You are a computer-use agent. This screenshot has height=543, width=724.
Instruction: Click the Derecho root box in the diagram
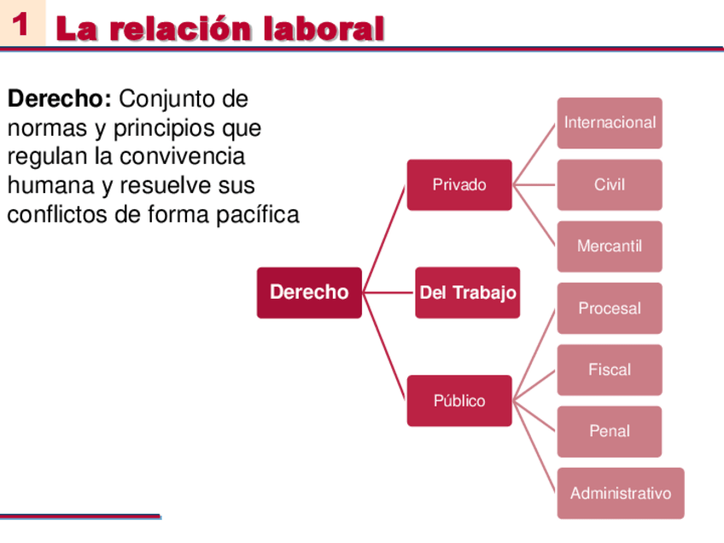[x=309, y=292]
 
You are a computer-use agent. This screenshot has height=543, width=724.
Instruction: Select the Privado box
[x=459, y=184]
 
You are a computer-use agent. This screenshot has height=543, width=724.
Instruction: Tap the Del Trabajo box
[x=468, y=293]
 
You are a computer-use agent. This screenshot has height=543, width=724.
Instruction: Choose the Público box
[x=459, y=400]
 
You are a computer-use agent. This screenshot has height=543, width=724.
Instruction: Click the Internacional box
[x=610, y=122]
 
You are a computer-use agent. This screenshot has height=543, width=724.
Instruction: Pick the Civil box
[x=610, y=184]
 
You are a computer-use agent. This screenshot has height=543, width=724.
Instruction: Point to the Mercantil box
[x=610, y=246]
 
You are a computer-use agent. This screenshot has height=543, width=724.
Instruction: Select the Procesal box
[x=610, y=308]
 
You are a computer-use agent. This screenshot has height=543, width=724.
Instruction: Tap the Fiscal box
[x=610, y=370]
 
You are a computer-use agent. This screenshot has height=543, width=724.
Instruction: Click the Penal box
[x=610, y=431]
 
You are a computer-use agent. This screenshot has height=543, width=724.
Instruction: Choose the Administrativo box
[x=621, y=493]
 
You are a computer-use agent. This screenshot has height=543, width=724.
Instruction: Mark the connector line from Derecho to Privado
[x=384, y=238]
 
